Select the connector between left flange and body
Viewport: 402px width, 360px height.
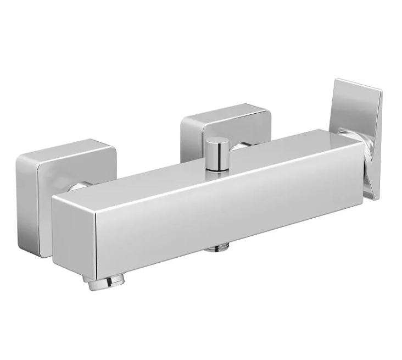click(76, 187)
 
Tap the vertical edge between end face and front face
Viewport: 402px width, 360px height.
click(97, 242)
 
